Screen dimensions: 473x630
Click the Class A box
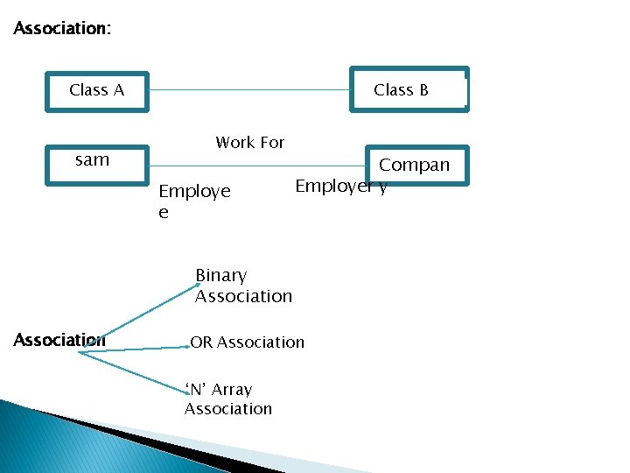click(x=97, y=91)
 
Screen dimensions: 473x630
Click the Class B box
click(x=409, y=90)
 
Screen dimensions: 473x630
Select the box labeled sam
click(x=97, y=165)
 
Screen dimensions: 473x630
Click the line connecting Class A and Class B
click(x=249, y=89)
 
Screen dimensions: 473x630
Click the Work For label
click(x=250, y=143)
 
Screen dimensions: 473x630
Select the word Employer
click(x=332, y=186)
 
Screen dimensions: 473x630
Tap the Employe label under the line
click(x=194, y=192)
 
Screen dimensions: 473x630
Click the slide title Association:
click(x=62, y=29)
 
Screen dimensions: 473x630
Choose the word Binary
click(x=220, y=275)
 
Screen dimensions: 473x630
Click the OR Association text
click(x=248, y=342)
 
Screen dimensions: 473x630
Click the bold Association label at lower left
click(x=59, y=340)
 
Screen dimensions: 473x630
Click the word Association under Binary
click(x=243, y=296)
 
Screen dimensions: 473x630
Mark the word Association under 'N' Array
click(x=228, y=409)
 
